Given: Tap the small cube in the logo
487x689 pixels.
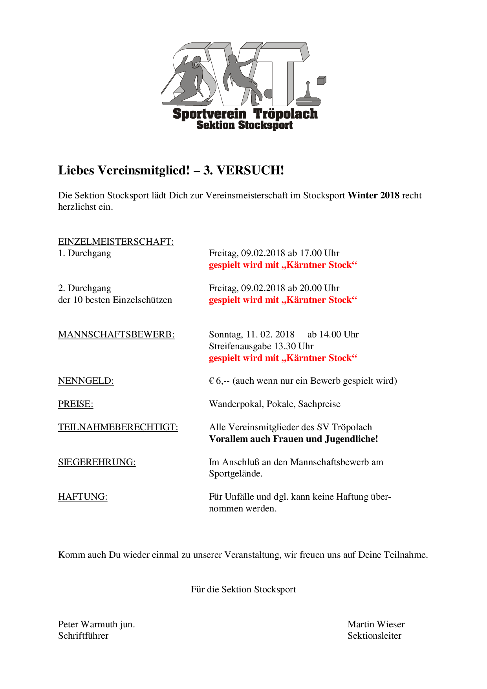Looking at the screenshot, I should click(321, 81).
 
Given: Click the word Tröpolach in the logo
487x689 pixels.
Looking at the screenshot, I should click(286, 114).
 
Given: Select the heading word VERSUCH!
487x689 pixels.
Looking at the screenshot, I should click(250, 170).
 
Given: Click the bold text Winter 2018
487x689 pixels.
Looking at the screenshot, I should click(373, 195).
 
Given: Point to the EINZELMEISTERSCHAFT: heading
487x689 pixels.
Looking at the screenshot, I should click(116, 242).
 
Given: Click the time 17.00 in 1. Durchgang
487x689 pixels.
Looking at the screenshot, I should click(311, 253).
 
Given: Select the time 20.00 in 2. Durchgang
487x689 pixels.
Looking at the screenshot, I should click(311, 288).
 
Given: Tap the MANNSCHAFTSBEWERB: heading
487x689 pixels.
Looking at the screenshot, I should click(116, 334).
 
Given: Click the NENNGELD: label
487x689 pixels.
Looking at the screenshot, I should click(86, 381).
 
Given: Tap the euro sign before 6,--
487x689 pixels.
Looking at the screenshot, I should click(211, 381).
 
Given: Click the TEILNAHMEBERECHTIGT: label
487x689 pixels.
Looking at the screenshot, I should click(118, 427).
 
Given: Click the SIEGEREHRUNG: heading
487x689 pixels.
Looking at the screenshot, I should click(97, 462).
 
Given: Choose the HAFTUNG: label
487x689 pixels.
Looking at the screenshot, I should click(83, 497).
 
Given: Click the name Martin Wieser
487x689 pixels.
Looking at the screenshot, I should click(376, 624).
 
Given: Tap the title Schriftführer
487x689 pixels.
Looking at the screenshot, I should click(83, 636).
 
